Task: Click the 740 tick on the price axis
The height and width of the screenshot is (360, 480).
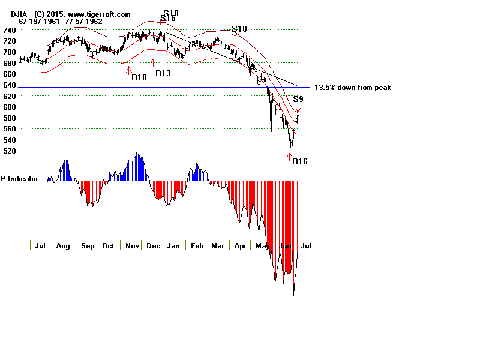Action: point(10,30)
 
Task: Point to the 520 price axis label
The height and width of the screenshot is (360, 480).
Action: point(10,151)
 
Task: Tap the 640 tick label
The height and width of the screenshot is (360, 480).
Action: point(10,85)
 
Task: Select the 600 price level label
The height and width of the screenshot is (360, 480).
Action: point(10,107)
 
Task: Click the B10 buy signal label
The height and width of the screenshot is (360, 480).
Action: point(139,77)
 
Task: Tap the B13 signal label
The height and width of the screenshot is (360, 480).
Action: point(163,73)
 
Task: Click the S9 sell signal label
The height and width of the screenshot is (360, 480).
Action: point(298,98)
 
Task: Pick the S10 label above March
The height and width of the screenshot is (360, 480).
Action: point(239,29)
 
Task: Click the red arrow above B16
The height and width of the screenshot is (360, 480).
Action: point(290,157)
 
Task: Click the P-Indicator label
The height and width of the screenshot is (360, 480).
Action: point(19,179)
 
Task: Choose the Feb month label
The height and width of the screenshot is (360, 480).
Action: point(196,246)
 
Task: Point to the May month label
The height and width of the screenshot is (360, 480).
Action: point(262,246)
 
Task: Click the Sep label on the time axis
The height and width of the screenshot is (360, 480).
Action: point(87,246)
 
